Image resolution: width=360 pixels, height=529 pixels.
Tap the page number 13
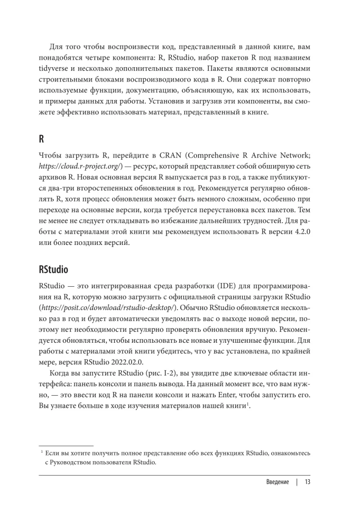307,482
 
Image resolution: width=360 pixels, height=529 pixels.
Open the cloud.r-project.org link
81,167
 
